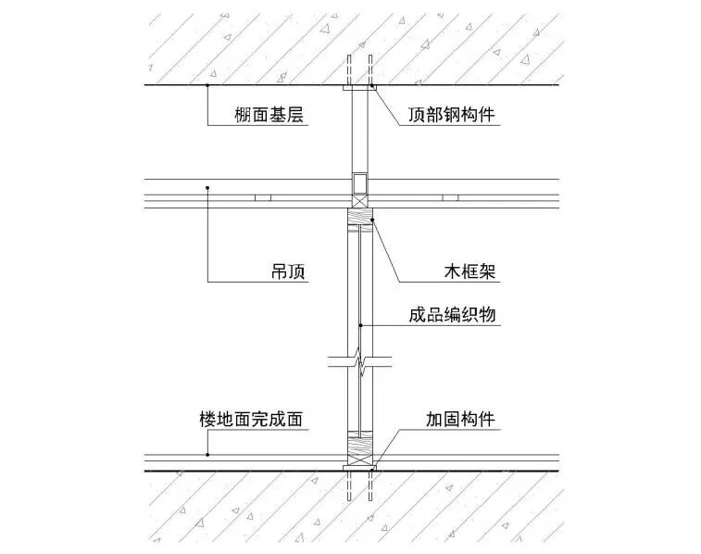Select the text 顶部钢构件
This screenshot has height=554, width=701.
453,115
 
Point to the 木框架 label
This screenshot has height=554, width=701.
468,272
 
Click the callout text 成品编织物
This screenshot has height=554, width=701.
453,314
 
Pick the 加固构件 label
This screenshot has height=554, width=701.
460,420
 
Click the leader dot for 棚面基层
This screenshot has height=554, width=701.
207,85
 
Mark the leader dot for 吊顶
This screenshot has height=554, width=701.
207,188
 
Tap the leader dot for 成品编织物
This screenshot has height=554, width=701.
361,324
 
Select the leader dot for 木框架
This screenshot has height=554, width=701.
370,220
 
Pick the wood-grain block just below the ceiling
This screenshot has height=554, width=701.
359,220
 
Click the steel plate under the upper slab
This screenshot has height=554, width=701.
359,89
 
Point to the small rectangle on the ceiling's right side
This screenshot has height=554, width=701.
451,198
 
